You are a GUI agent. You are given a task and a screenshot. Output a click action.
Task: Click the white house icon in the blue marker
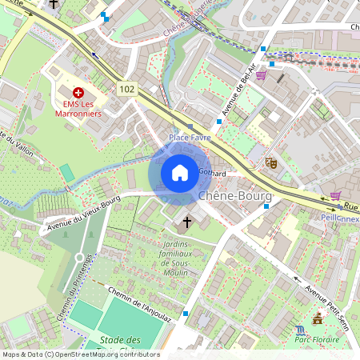(180, 172)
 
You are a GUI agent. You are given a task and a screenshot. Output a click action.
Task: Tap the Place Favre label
(190, 138)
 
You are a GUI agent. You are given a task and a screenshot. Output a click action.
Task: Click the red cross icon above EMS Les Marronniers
(78, 94)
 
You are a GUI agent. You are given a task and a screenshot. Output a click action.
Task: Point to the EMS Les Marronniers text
(78, 109)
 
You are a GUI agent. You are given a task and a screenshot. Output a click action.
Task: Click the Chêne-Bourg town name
(234, 195)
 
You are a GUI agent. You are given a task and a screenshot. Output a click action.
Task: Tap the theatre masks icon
(271, 162)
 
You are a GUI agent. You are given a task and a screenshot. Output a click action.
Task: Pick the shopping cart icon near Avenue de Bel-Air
(262, 75)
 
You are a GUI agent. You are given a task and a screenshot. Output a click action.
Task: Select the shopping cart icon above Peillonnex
(335, 195)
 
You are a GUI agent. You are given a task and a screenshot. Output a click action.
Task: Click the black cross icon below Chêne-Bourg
(188, 221)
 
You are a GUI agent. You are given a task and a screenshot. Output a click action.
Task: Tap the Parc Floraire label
(318, 340)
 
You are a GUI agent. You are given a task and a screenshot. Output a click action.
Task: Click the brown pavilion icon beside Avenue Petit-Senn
(318, 319)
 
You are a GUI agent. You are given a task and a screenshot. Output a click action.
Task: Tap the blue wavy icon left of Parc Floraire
(299, 329)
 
